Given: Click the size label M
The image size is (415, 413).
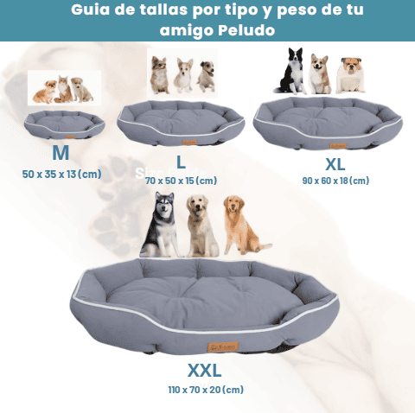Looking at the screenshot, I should coord(61,153).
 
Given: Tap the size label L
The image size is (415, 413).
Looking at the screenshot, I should coord(181,162).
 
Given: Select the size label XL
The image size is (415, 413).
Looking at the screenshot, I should coord(335,162).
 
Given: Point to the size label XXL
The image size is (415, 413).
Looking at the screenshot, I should coord(205,371).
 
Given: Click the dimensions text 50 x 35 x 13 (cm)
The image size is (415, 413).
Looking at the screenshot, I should coord(61,174).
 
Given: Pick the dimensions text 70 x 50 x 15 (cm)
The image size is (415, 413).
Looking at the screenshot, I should coord(181,181).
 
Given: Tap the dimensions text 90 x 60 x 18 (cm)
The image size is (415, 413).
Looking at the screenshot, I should coord(335,181).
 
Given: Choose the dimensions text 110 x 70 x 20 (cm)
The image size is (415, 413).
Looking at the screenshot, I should coord(205,390).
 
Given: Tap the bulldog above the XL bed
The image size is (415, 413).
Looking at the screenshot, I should coord(350,75).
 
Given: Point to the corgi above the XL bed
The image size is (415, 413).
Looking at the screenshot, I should coord(319,74).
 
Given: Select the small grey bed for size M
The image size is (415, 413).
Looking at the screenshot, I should coord(64,124).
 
